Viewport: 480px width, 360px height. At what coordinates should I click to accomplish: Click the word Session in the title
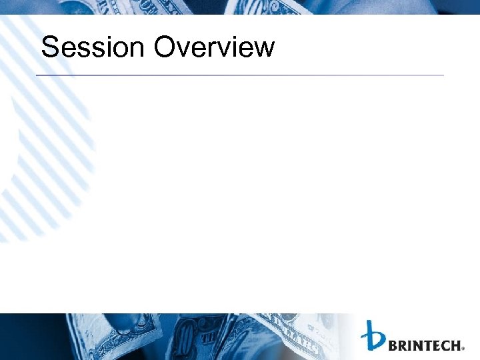93,48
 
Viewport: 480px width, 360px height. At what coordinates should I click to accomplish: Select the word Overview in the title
214,48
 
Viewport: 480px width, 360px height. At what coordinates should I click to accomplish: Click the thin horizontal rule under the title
240,75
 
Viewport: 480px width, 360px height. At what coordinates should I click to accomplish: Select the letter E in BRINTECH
435,345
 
